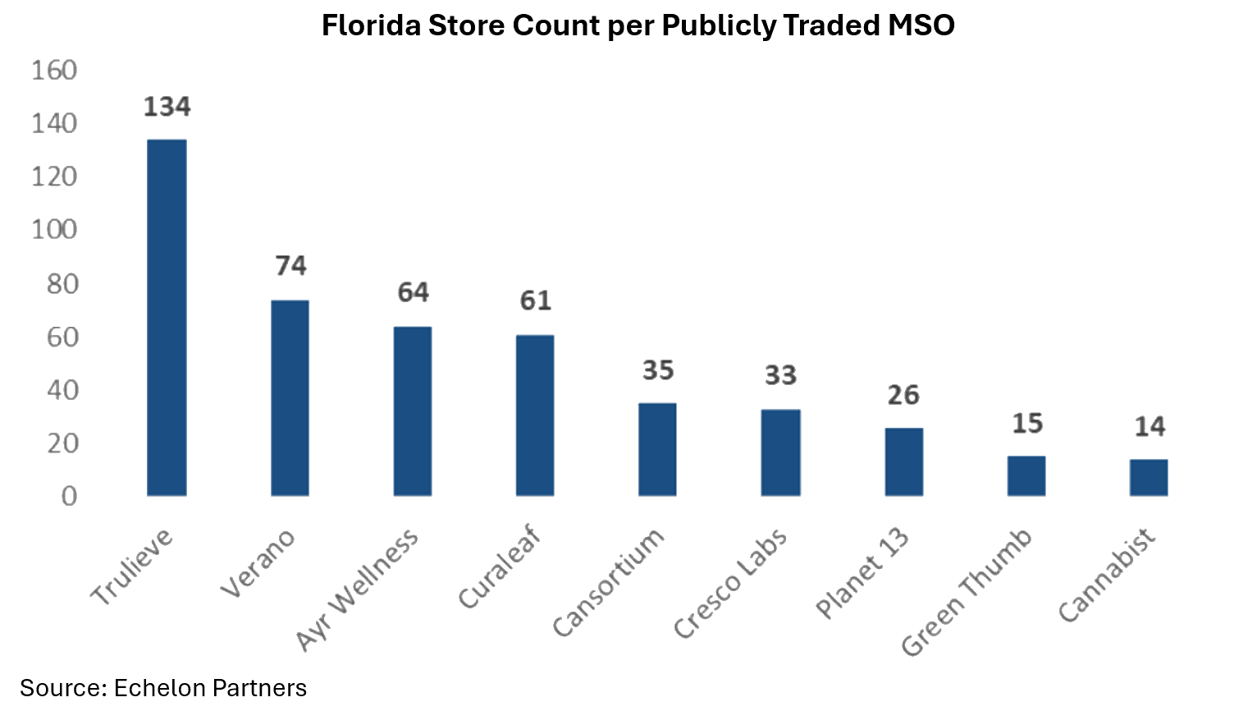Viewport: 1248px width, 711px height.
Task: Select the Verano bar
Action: [290, 398]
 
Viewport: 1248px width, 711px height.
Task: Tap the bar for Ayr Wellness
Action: [412, 411]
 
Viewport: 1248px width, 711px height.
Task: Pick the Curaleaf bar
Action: [535, 415]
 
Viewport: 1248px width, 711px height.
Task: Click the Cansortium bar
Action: [657, 449]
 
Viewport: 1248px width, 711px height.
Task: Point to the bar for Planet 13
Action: [903, 461]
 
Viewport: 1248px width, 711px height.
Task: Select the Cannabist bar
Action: [1149, 477]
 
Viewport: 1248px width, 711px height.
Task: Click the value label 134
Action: [167, 107]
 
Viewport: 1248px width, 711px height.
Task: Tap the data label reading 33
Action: [780, 375]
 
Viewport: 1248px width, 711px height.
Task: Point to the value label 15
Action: [1026, 424]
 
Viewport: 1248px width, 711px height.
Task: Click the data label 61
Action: [535, 300]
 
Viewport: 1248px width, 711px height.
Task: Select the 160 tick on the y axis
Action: [54, 71]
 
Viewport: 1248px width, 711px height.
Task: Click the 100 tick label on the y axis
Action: [54, 229]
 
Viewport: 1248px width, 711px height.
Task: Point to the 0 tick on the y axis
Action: [69, 496]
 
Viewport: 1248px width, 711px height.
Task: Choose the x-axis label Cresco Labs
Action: [730, 583]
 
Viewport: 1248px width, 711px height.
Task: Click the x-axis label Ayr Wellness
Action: [357, 591]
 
